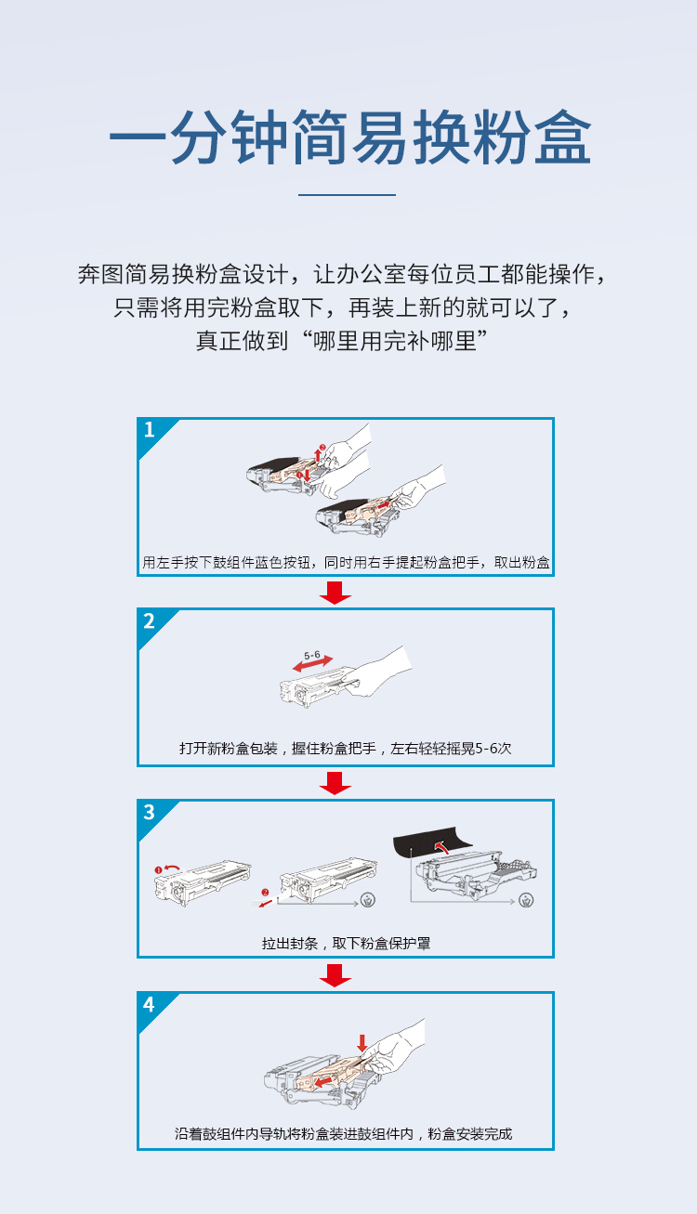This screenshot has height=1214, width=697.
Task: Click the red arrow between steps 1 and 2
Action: [335, 593]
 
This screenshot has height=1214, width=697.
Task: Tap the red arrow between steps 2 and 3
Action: [335, 783]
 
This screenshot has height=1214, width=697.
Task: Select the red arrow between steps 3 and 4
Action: [335, 975]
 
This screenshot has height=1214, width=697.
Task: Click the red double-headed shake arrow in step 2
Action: [313, 663]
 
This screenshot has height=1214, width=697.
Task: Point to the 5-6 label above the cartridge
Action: [312, 655]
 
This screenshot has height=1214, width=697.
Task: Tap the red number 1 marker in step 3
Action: [159, 869]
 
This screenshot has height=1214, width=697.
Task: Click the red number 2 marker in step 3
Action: [265, 892]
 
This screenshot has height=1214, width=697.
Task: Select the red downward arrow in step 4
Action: [362, 1043]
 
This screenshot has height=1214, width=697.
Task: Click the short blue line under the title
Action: [348, 194]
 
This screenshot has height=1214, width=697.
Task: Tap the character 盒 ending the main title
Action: [562, 137]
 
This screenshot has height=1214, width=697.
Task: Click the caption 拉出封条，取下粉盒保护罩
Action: [346, 944]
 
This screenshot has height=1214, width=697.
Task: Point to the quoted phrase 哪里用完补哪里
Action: [395, 341]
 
